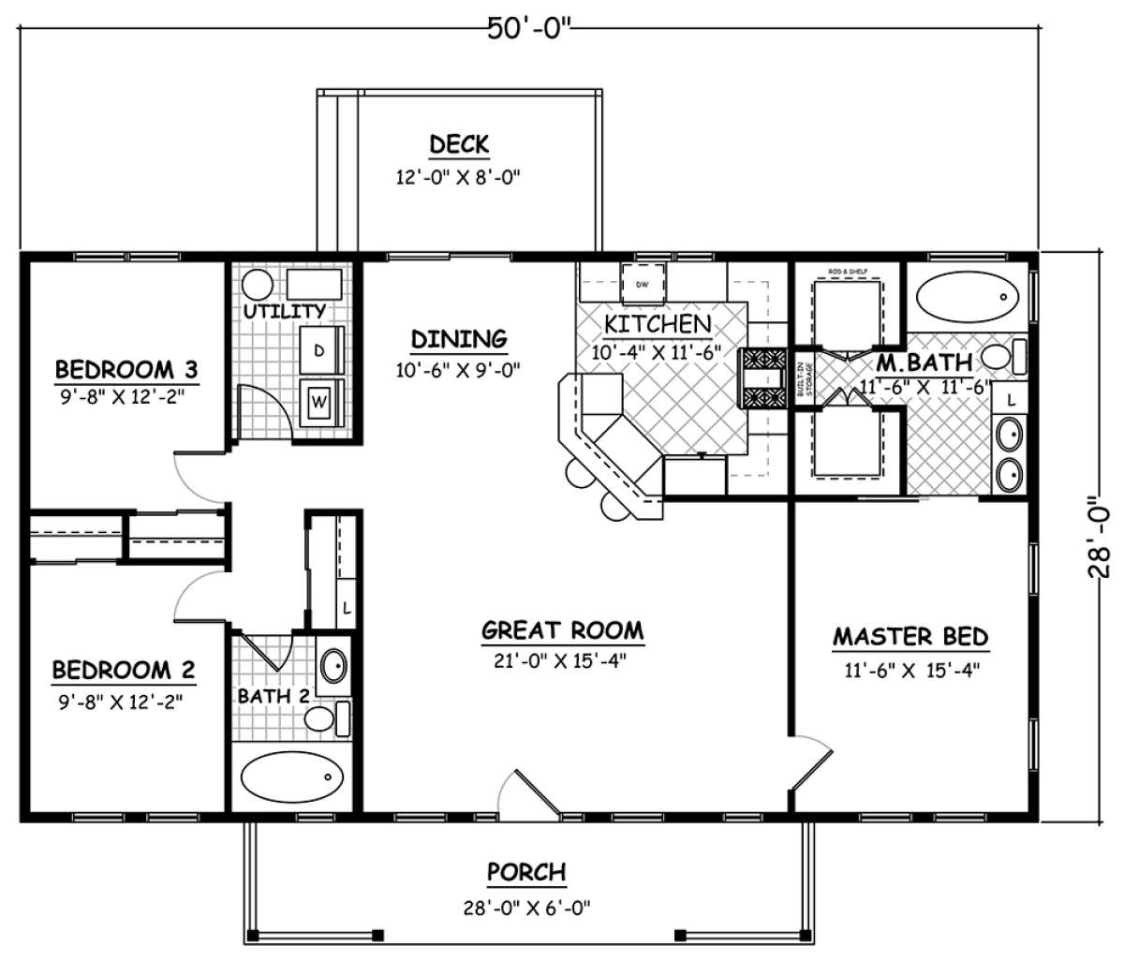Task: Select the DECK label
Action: (x=458, y=144)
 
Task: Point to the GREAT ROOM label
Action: (x=562, y=630)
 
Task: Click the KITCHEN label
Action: (x=657, y=324)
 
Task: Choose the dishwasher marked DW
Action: (x=643, y=284)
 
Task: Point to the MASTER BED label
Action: (x=910, y=638)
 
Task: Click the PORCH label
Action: (x=526, y=872)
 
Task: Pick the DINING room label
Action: (x=459, y=338)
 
